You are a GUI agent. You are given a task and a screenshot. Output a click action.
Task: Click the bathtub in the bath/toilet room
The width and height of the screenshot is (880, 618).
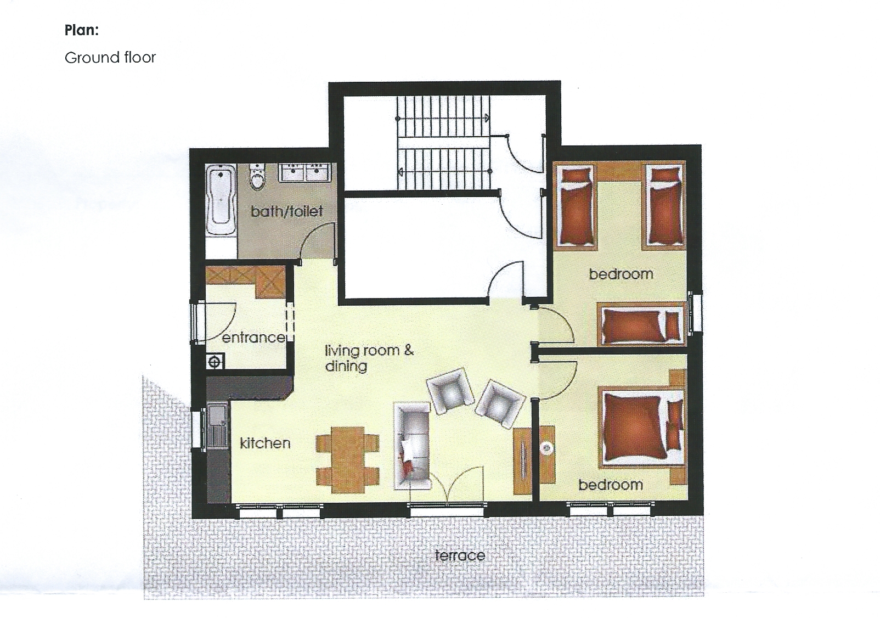tap(221, 200)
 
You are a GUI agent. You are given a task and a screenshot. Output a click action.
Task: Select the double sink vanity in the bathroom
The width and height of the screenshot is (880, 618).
tap(304, 173)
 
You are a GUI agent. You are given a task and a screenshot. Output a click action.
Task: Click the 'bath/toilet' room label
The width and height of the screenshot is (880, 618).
tap(287, 211)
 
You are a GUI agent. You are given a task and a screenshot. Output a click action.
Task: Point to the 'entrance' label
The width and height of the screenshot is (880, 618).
tap(254, 338)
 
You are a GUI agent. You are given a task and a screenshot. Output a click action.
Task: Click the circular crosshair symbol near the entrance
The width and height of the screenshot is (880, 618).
tap(215, 362)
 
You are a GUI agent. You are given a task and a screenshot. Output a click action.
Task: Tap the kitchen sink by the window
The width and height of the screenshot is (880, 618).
tap(217, 425)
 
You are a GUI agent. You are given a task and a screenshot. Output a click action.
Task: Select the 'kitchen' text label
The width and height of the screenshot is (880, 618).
tap(265, 443)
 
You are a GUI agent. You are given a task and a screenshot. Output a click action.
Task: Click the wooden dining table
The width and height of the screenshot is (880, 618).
tap(348, 460)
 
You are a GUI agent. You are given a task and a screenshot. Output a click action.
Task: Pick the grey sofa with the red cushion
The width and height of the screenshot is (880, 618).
tap(413, 446)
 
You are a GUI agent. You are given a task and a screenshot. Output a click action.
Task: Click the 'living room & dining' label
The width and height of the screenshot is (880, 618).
tap(369, 358)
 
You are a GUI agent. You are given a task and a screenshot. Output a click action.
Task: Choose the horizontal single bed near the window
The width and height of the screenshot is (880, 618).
tap(641, 324)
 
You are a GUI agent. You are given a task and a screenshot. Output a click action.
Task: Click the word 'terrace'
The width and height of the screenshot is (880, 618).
tap(460, 555)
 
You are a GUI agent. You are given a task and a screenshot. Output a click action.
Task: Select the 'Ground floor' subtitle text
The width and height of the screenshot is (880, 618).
tap(110, 58)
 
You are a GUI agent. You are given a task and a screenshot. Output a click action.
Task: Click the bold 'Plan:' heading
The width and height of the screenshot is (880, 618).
tap(82, 30)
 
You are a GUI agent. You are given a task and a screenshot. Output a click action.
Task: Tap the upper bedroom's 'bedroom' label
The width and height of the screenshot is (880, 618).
tap(621, 274)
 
